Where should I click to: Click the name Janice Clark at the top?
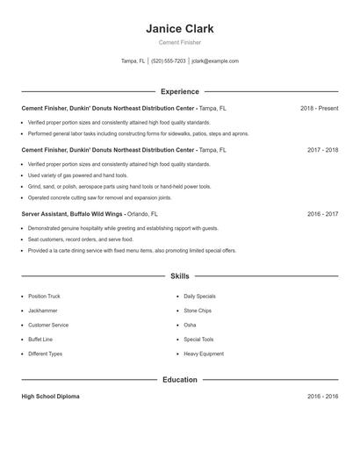[179, 28]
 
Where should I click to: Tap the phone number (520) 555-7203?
[169, 61]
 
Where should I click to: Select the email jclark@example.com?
[215, 61]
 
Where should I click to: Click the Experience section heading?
[179, 91]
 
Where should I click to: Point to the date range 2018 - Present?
[319, 108]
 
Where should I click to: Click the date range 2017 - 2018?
[322, 150]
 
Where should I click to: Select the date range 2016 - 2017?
[322, 213]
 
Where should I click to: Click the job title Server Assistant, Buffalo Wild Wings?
[73, 213]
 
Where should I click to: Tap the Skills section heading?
[179, 275]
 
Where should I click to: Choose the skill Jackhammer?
[43, 311]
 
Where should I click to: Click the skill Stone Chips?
[197, 311]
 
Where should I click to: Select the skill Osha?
[190, 325]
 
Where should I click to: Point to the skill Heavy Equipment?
[204, 354]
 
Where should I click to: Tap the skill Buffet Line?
[40, 339]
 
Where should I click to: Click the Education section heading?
[179, 380]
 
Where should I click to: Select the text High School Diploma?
[50, 397]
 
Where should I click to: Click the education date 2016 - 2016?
[322, 397]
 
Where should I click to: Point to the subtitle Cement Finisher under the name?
[179, 43]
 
